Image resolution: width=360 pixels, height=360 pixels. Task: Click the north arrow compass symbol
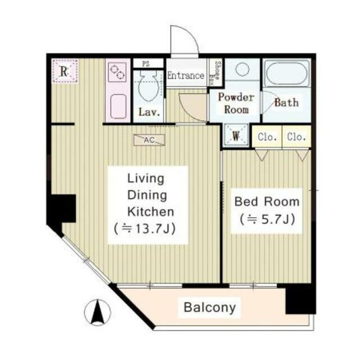pos(97,312)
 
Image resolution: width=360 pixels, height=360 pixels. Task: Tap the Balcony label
pos(210,307)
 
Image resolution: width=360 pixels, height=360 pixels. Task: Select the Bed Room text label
pos(267,201)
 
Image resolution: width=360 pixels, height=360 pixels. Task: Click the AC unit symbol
pos(149,140)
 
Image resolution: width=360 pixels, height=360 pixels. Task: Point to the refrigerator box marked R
pos(65,70)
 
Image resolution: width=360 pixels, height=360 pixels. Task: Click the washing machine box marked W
pos(236,136)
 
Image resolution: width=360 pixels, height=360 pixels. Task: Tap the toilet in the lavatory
pos(149,86)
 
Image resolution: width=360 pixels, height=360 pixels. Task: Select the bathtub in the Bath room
pos(286,73)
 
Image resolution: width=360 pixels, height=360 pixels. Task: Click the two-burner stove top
pos(117,72)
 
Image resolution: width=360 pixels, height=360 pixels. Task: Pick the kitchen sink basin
pos(118,106)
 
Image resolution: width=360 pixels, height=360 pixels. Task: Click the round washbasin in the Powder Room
pos(242,69)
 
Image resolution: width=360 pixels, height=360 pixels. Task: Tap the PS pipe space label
pos(146,64)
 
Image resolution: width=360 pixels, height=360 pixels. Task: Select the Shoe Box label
pos(215,73)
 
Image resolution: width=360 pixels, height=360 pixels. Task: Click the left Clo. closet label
pos(267,137)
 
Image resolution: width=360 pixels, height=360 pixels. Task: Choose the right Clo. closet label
pos(296,137)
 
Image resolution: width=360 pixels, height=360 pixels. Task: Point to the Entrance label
pos(186,75)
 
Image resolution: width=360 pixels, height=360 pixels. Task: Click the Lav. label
pos(149,112)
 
